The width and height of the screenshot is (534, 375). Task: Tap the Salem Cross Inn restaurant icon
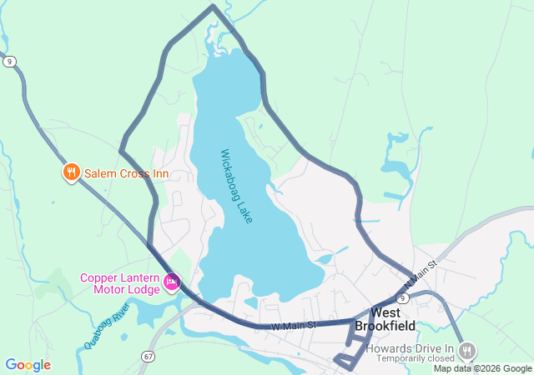pos(72,173)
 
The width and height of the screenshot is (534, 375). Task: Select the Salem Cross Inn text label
pos(125,173)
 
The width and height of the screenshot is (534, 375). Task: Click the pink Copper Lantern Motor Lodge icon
pos(172,283)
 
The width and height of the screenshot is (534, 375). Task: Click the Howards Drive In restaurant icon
pos(467,349)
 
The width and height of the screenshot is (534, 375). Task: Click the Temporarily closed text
pos(415,358)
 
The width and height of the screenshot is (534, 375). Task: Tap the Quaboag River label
pos(107,326)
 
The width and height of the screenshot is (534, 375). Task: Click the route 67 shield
pos(148,356)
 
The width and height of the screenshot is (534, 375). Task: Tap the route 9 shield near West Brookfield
pos(402,297)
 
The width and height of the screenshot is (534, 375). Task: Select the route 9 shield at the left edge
pos(8,61)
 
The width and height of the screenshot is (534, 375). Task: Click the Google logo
pos(28,365)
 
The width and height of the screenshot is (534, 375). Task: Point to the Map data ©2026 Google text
pos(482,368)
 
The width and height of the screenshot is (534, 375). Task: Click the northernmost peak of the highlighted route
pos(213,7)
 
